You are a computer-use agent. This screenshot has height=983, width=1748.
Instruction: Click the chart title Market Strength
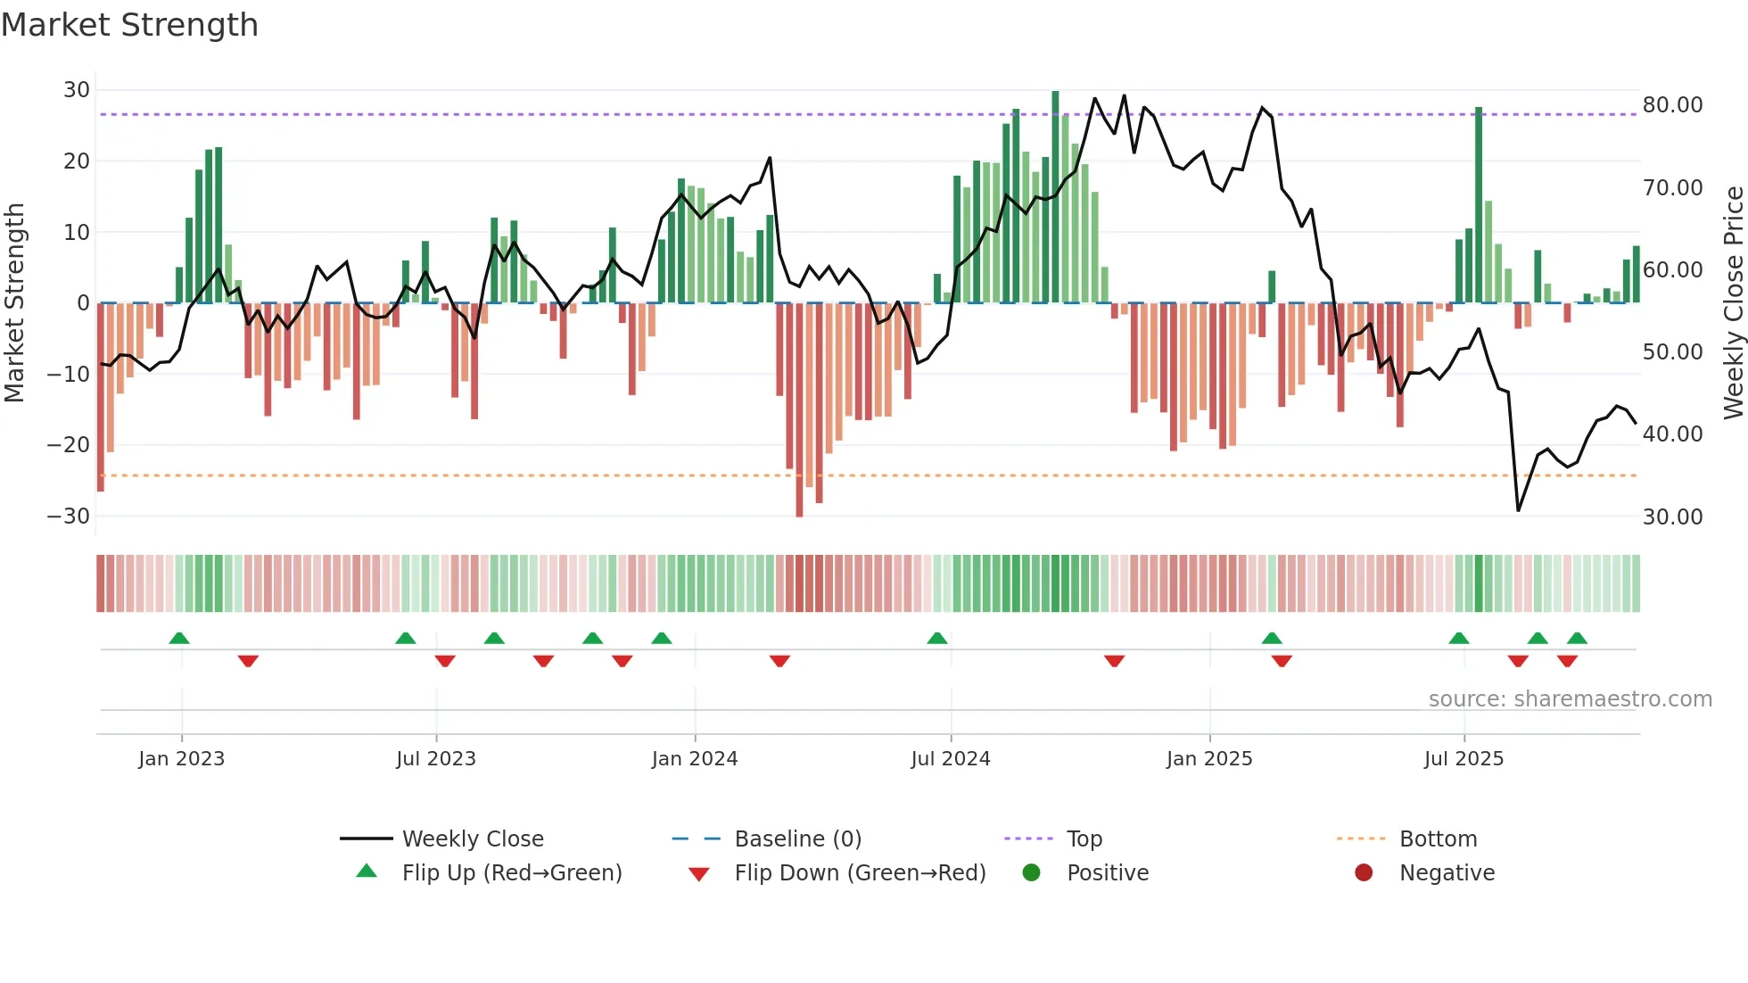[x=129, y=25]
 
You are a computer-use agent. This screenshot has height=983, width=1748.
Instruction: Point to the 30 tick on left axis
[x=77, y=90]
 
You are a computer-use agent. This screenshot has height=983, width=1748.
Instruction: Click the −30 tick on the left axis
[x=69, y=516]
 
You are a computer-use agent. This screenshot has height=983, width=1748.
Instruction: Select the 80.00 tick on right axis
[x=1672, y=105]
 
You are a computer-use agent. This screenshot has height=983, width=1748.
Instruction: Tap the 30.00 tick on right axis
[x=1672, y=517]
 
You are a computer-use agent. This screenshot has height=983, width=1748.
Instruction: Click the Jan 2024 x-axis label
[x=695, y=759]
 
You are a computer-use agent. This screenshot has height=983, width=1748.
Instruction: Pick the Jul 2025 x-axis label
[x=1464, y=759]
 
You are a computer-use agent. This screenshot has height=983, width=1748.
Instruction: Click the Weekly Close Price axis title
[x=1733, y=302]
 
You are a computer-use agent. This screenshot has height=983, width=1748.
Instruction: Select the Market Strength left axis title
[x=15, y=302]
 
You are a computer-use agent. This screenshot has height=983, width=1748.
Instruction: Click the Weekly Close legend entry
[x=473, y=839]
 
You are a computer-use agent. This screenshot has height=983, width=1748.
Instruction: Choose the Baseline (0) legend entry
[x=797, y=839]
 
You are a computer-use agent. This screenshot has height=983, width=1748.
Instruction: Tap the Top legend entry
[x=1084, y=839]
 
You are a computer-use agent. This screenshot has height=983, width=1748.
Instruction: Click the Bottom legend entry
[x=1438, y=839]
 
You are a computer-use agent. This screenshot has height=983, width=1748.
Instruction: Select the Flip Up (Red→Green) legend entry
[x=511, y=873]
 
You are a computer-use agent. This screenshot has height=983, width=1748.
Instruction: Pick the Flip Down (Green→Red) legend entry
[x=860, y=873]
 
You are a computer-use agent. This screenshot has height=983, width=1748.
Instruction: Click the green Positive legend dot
[x=1032, y=873]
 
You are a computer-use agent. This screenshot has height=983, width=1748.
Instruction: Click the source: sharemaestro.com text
[x=1570, y=699]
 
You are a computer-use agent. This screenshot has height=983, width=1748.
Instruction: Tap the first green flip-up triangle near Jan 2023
[x=179, y=639]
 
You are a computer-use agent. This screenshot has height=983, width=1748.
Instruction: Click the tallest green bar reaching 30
[x=1055, y=196]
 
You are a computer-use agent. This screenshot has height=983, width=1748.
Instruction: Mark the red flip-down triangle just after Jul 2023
[x=445, y=661]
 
